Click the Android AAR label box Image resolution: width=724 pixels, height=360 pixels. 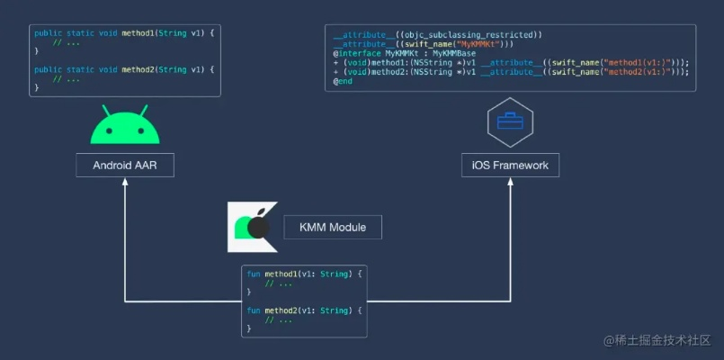click(125, 166)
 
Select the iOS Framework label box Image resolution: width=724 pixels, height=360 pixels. click(510, 166)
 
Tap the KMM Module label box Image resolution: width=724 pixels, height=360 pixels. click(332, 228)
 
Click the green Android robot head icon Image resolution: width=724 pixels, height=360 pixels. click(125, 128)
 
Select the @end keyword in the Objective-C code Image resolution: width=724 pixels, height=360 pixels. click(343, 81)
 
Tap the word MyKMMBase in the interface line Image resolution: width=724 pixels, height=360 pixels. click(454, 53)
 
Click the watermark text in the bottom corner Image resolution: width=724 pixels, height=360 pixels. click(657, 340)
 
